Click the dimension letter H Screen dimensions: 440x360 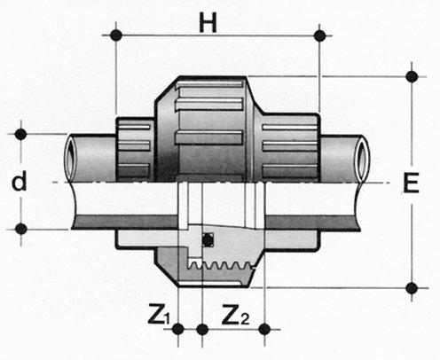(x=208, y=23)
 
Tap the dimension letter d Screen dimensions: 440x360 (x=20, y=181)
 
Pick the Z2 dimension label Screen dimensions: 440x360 (x=236, y=314)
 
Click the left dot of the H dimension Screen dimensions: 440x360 (x=116, y=35)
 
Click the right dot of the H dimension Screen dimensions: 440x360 (x=319, y=35)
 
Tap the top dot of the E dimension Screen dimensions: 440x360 (x=412, y=76)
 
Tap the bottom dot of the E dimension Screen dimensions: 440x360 (x=412, y=287)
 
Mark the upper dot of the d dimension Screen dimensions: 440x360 (x=20, y=134)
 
